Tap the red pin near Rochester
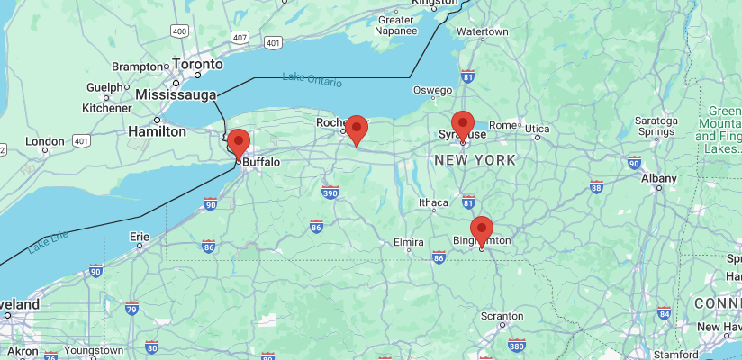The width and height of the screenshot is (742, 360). [357, 130]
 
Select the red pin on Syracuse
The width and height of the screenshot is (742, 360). [463, 124]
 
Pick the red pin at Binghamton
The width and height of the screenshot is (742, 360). [482, 230]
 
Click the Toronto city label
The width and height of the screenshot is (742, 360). [197, 66]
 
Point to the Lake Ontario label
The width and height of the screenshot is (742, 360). [312, 79]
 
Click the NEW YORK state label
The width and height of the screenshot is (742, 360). [475, 160]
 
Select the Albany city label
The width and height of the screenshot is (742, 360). [658, 178]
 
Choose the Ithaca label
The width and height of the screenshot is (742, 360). [433, 202]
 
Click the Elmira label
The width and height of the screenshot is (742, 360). [408, 243]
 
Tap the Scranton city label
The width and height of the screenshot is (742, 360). [502, 316]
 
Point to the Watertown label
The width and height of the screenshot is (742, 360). [483, 31]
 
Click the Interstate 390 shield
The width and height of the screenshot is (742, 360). [330, 192]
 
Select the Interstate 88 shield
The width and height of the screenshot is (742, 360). [596, 186]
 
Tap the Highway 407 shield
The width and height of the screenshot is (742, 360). [239, 38]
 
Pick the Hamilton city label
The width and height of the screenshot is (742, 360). [158, 130]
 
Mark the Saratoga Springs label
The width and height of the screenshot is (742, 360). [656, 126]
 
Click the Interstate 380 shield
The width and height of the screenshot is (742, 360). [517, 345]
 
